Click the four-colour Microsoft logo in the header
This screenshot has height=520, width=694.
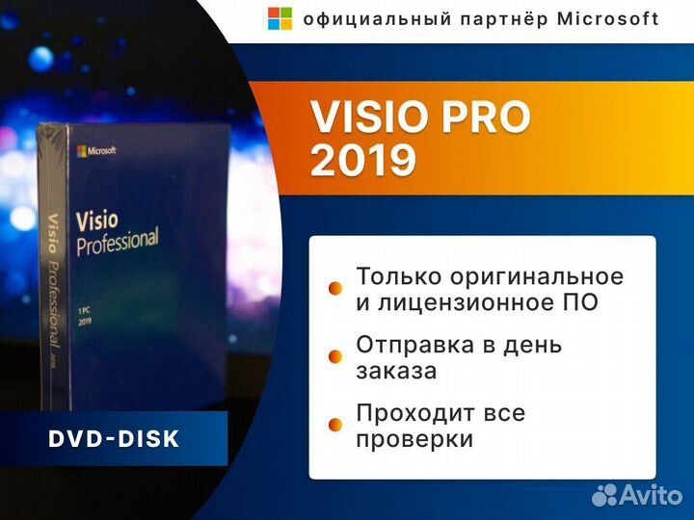tap(280, 18)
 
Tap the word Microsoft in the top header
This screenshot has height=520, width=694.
tap(608, 18)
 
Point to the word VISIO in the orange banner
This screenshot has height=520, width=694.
tap(371, 118)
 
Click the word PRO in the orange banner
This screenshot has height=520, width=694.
tap(488, 118)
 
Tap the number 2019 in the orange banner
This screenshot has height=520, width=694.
tap(363, 161)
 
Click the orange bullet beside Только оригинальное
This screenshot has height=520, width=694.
tap(335, 288)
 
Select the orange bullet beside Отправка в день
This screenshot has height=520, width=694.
tap(335, 356)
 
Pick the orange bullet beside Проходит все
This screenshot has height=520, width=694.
tap(335, 425)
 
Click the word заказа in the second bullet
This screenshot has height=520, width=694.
tap(396, 371)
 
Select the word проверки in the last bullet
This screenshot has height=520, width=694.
tap(414, 440)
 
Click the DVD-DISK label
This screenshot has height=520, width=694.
tap(114, 439)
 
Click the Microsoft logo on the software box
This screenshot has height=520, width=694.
tap(96, 151)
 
